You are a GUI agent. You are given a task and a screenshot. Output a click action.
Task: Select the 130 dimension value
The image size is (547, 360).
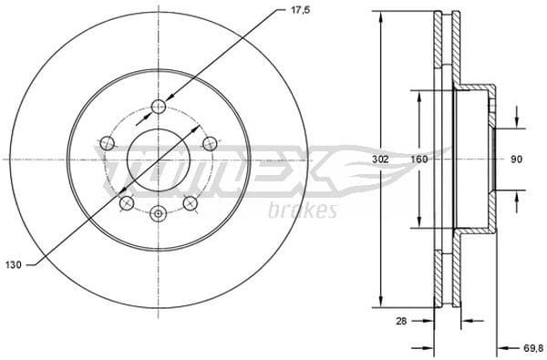tap(14, 264)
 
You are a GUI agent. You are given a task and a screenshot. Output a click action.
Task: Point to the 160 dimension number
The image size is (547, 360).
tap(419, 159)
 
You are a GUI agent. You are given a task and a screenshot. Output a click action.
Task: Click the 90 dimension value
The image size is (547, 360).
tap(516, 159)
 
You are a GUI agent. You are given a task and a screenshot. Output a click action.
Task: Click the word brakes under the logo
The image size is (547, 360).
tap(304, 211)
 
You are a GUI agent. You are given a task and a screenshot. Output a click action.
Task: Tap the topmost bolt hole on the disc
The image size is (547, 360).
tap(159, 106)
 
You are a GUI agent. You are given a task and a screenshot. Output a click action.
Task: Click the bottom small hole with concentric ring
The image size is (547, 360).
tap(159, 213)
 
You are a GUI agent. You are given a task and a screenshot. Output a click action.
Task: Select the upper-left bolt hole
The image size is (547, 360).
tap(107, 142)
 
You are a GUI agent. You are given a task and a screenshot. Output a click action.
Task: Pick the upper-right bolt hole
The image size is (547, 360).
tap(210, 142)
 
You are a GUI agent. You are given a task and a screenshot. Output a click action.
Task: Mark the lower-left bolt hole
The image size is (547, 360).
tap(127, 202)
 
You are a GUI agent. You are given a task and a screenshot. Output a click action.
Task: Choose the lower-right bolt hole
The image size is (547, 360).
tap(191, 202)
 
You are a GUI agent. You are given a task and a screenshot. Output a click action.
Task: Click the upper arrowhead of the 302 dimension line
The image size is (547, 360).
tap(377, 15)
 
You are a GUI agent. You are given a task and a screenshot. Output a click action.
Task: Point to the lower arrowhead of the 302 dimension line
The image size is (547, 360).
tap(377, 303)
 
